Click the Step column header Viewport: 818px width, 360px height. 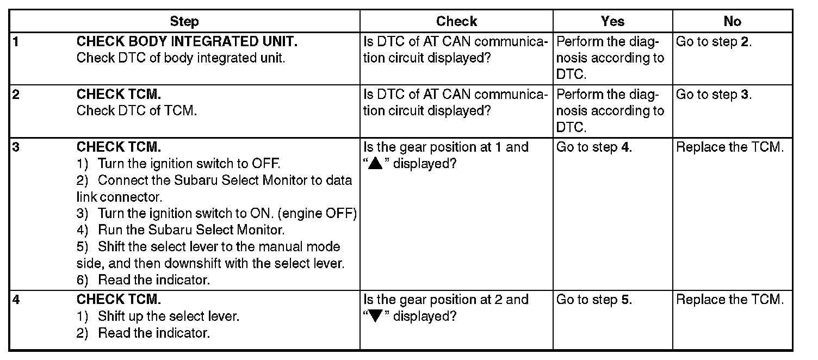click(184, 22)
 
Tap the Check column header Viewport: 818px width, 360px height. click(456, 22)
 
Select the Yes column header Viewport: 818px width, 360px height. click(612, 22)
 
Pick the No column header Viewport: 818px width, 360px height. click(732, 22)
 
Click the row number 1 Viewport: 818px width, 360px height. click(15, 42)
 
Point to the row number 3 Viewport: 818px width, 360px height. click(15, 147)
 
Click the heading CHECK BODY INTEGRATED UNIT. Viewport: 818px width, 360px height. click(188, 42)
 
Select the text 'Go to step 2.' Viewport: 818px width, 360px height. click(714, 42)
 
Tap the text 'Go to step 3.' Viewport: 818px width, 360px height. click(714, 95)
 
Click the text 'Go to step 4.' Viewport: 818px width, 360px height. click(594, 147)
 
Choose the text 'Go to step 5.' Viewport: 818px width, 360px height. click(594, 300)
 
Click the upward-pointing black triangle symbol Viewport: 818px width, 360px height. click(376, 164)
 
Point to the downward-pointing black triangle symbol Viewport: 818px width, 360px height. click(376, 316)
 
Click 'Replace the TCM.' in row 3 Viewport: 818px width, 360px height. click(730, 147)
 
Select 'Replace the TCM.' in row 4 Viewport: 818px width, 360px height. click(730, 300)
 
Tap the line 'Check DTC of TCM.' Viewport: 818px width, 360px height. click(137, 111)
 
